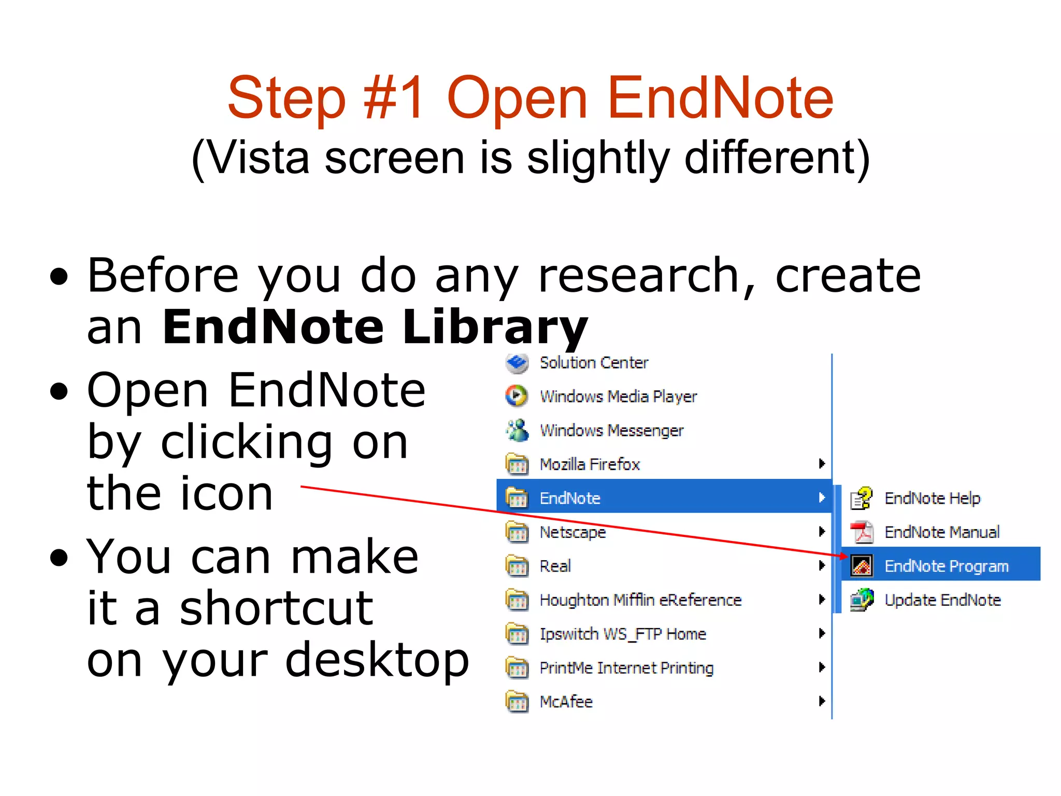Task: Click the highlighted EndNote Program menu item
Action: (x=945, y=565)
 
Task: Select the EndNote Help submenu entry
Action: (x=931, y=498)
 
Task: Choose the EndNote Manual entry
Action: (x=941, y=532)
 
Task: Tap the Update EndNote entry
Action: (x=942, y=600)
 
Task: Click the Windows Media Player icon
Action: (x=516, y=396)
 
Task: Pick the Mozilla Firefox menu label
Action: (x=590, y=464)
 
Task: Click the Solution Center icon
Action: (x=517, y=363)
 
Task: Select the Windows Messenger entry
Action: (x=611, y=430)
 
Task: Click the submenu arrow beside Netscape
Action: (x=822, y=531)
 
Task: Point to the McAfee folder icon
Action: (x=517, y=702)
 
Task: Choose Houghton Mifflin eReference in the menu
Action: (x=640, y=600)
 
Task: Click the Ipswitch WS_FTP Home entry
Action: (x=623, y=634)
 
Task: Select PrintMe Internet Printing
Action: (x=626, y=667)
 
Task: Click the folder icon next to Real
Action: (x=517, y=566)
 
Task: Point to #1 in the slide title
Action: (x=393, y=97)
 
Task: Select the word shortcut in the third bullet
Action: (x=276, y=608)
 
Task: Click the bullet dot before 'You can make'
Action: (x=60, y=558)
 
